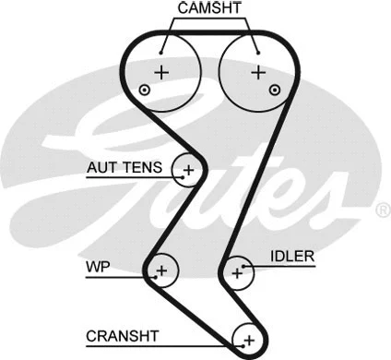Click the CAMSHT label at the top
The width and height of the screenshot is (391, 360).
coord(209,8)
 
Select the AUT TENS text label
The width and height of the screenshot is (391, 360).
coord(124,168)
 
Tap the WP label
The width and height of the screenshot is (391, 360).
coord(99,269)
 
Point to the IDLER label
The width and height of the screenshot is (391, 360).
coord(292,256)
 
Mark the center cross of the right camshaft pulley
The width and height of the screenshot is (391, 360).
coord(258,71)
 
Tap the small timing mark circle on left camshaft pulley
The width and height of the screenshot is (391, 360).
coord(145,90)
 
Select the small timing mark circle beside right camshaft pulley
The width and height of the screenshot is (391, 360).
coord(275,90)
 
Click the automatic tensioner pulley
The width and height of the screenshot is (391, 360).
coord(189,170)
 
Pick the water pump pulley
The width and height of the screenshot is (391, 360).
coord(161,270)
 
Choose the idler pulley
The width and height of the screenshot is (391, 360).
coord(238,271)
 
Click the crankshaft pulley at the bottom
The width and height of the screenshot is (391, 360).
coord(246,339)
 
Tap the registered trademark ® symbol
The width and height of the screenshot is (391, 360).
coord(382,211)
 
